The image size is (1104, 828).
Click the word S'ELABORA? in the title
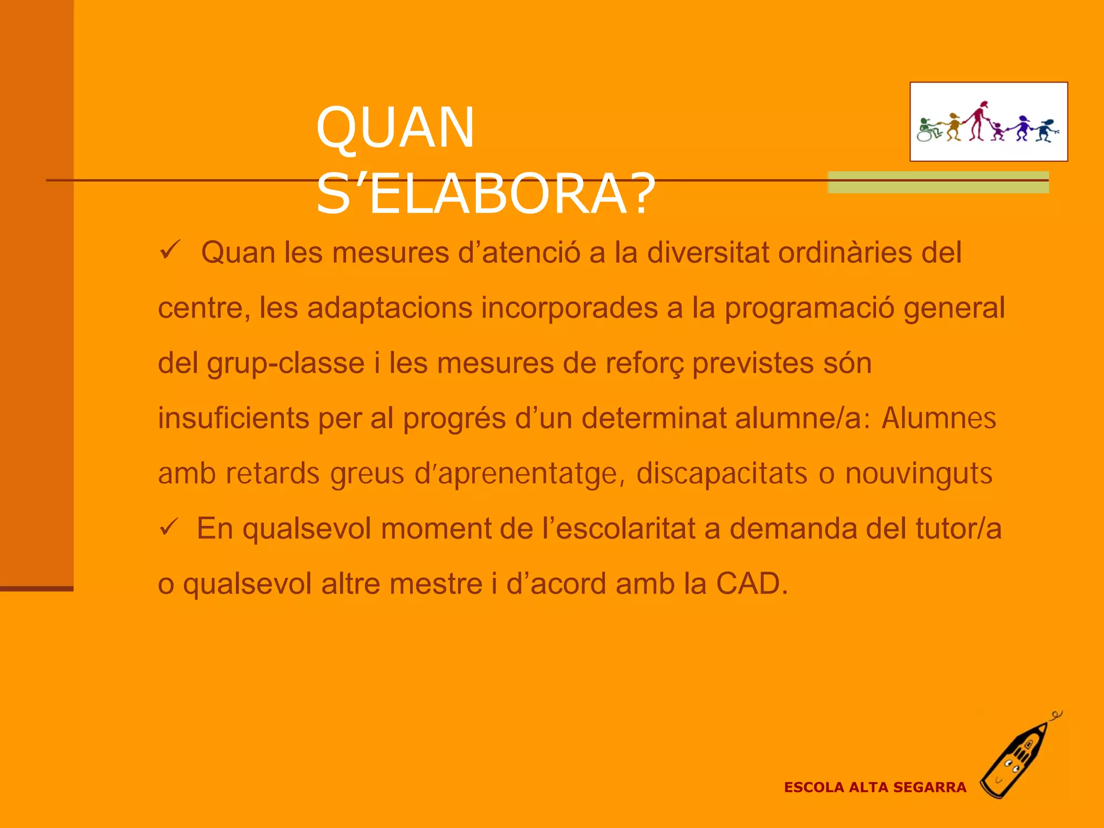coord(485,194)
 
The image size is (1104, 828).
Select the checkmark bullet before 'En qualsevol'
coord(169,527)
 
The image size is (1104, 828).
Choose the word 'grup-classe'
coord(286,364)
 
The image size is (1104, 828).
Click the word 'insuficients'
coord(233,418)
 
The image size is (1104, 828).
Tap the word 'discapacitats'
coord(722,473)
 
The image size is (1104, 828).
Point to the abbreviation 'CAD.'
coord(752,583)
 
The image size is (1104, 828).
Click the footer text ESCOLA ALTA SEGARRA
coord(875,788)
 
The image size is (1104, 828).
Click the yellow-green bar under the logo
coord(938,182)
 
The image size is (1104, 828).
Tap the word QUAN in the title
coord(395,128)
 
